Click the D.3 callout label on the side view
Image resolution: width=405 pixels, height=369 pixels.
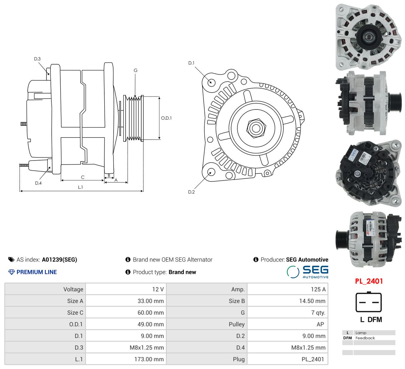coord(37,59)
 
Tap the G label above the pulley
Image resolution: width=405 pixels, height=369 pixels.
coord(135,70)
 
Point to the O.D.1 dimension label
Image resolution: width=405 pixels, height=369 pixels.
coord(166,118)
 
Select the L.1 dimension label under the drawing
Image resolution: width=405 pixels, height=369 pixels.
coord(80,187)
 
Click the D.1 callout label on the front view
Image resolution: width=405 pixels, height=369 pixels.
coord(191,63)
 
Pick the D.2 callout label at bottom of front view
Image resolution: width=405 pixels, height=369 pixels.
coord(191,192)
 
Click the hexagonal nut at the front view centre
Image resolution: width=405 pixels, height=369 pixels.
coord(256,128)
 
